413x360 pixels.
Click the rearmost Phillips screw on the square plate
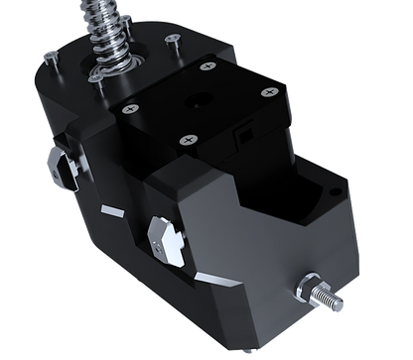[206, 67]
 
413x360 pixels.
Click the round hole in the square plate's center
[203, 100]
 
